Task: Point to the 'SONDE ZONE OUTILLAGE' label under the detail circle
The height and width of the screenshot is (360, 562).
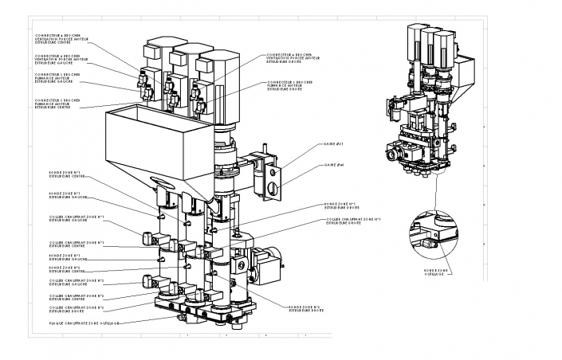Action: point(458,272)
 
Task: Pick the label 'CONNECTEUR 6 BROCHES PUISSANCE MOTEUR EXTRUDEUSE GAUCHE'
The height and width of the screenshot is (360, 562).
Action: point(60,77)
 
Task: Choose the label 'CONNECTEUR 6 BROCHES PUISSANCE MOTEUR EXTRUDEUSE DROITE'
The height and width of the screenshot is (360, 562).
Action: point(292,84)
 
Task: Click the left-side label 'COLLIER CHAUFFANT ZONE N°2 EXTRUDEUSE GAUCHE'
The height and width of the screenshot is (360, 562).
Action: point(76,283)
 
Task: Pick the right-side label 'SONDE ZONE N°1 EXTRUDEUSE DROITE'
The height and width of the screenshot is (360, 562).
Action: point(345,205)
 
